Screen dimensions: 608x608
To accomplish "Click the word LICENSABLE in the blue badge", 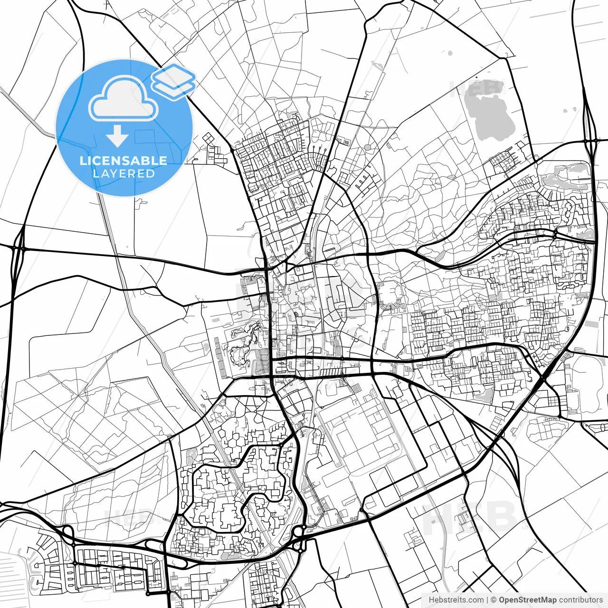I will pyautogui.click(x=123, y=161).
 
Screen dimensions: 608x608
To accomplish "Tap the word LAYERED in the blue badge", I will pyautogui.click(x=123, y=173).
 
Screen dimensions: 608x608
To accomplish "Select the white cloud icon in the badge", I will pyautogui.click(x=123, y=99).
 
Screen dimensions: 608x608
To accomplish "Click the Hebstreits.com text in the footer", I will pyautogui.click(x=456, y=600).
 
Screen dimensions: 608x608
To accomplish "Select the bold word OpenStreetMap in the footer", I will pyautogui.click(x=527, y=600).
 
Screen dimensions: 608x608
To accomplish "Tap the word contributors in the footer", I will pyautogui.click(x=580, y=600).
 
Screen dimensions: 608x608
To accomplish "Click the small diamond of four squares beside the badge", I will pyautogui.click(x=208, y=138).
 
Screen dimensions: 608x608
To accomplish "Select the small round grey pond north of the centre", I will pyautogui.click(x=368, y=148).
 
